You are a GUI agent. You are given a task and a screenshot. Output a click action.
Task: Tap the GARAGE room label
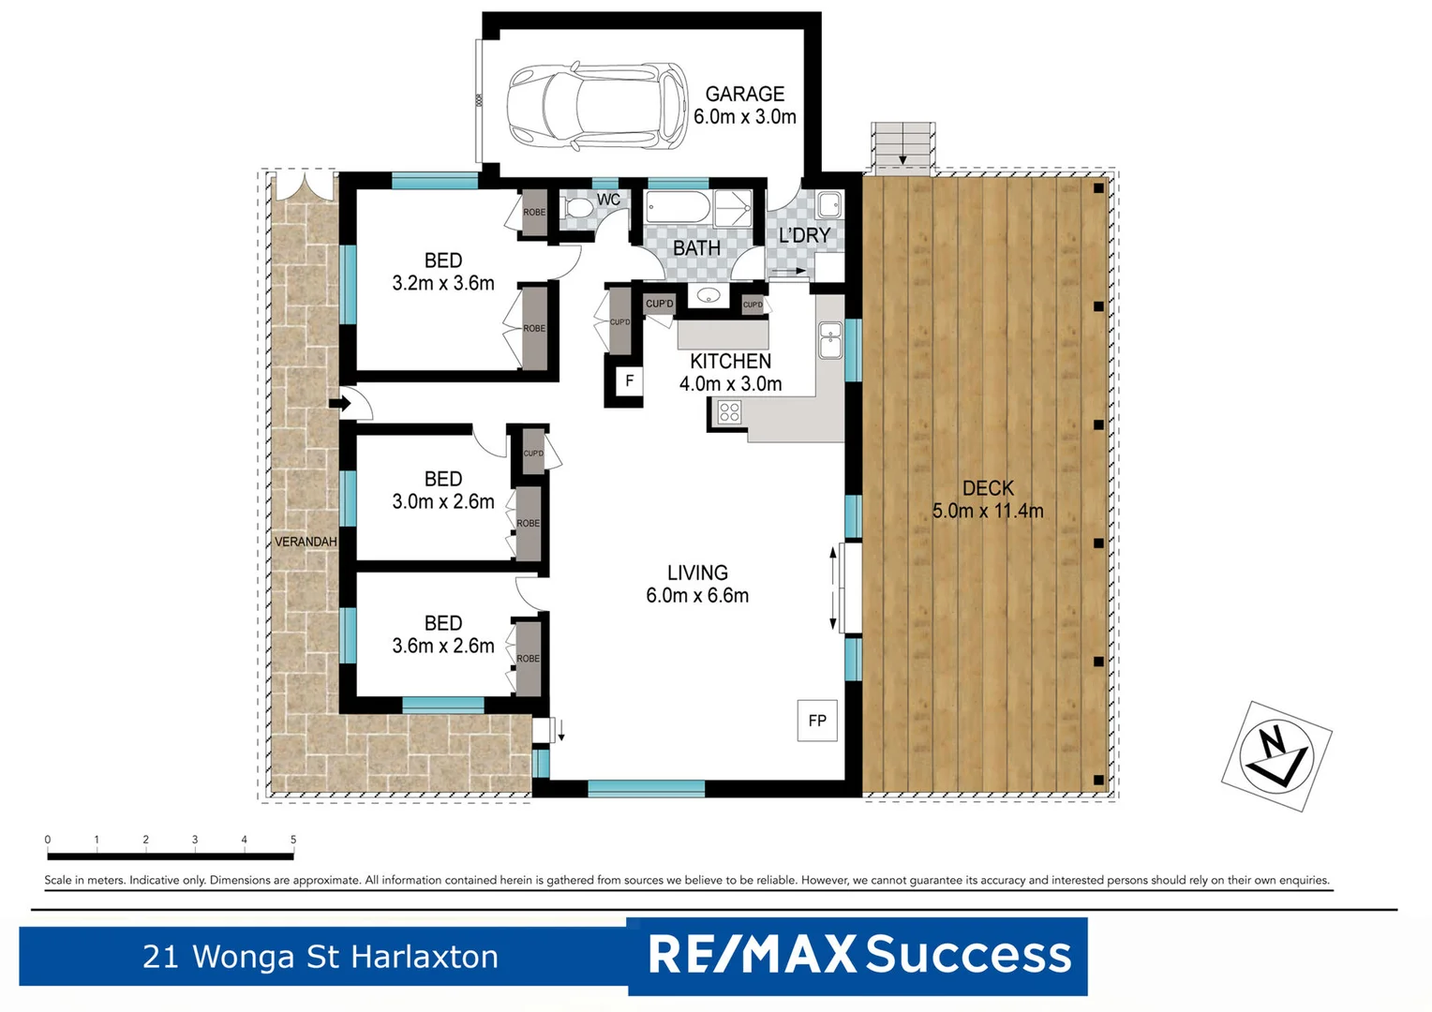coord(744,94)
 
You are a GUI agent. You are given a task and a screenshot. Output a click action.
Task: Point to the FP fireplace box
coord(817,720)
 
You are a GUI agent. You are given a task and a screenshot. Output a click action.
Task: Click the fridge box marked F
coord(629,380)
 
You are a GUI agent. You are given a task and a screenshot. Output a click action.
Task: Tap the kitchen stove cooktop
coord(729,412)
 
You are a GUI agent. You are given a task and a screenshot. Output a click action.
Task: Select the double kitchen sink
coord(829,341)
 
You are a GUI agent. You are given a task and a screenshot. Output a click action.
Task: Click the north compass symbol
coord(1276,754)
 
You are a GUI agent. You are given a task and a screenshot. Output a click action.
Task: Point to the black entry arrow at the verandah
coord(339,404)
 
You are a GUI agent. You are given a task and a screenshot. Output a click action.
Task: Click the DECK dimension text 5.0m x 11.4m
coord(988,511)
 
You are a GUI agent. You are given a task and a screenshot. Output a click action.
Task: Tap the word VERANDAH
coord(306,542)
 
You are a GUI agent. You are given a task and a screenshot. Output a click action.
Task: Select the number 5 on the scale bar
coord(293,840)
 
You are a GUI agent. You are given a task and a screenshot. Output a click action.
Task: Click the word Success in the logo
coord(968,955)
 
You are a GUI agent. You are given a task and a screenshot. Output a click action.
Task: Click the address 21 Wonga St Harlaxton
coord(321,957)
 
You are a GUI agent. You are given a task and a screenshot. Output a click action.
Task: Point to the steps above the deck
coord(902,146)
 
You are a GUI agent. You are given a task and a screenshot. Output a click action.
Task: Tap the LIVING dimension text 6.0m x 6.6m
coord(697,595)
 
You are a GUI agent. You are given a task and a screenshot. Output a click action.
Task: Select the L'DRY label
coord(804,235)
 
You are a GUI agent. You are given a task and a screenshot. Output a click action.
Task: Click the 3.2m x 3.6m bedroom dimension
coord(443,283)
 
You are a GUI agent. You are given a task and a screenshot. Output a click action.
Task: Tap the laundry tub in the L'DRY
coord(828,204)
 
